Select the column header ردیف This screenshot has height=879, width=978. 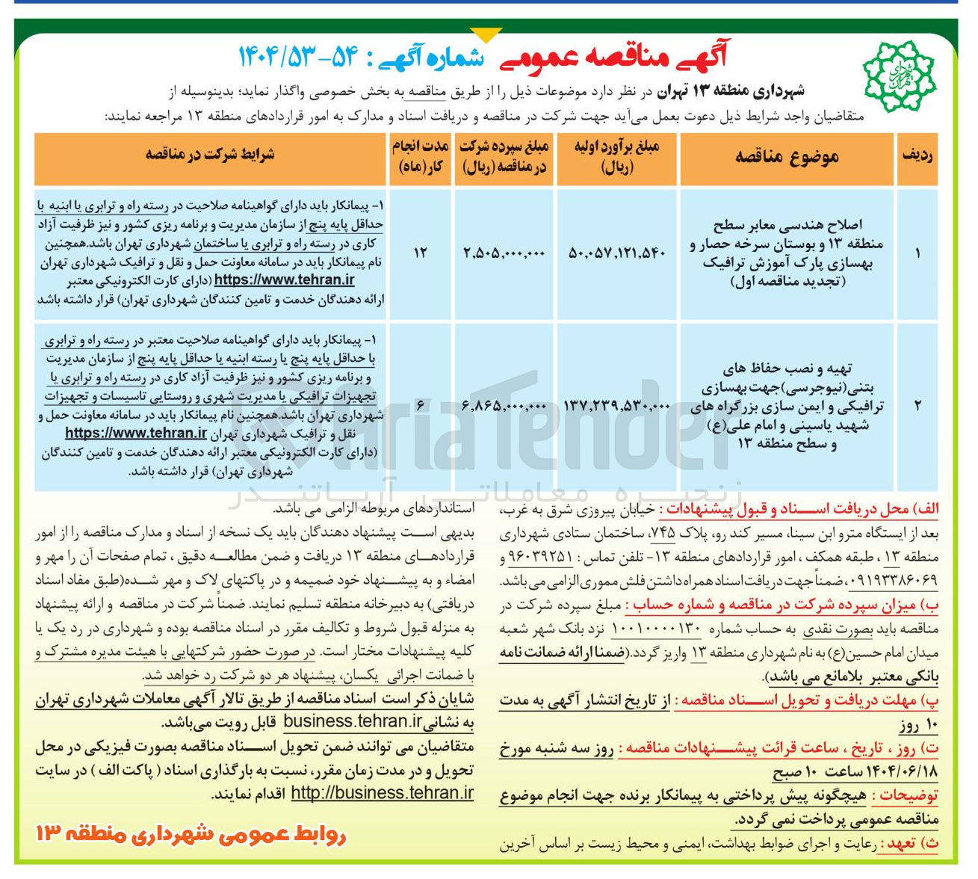pos(917,155)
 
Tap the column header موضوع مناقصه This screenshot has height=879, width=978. pos(787,155)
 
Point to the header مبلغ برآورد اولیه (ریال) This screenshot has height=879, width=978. pos(616,157)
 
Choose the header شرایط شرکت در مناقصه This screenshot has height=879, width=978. pos(210,154)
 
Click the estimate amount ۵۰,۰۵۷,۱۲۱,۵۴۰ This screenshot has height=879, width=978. pos(616,253)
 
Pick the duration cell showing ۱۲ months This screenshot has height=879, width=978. pos(420,253)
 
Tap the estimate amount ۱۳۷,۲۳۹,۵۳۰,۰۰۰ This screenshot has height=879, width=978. pos(616,406)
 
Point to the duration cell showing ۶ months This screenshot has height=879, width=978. pos(420,406)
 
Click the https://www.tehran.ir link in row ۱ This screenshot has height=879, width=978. pos(285,280)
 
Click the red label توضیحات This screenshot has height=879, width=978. pos(909,796)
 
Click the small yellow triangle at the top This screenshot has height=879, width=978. pos(486,34)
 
